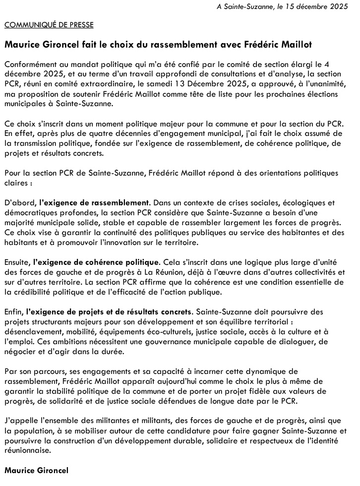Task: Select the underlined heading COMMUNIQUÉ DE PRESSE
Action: point(49,25)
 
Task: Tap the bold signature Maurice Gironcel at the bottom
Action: point(37,469)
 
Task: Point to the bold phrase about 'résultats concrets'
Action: point(110,311)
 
